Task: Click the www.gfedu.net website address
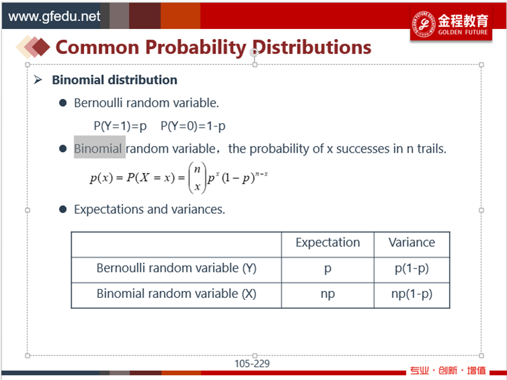54,16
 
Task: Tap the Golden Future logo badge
451,24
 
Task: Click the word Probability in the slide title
195,48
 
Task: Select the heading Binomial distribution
114,80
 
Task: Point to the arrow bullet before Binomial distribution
38,79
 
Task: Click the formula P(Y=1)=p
120,126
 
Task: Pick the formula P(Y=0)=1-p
193,126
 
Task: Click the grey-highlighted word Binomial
98,149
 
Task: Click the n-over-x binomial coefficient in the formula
197,178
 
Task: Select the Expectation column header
328,243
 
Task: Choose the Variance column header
412,242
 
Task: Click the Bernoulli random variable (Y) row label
176,268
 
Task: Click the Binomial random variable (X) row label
176,294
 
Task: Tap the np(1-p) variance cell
412,294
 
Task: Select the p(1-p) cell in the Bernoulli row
412,268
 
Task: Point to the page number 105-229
252,364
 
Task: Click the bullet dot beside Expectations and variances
62,209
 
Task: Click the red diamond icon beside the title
40,47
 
